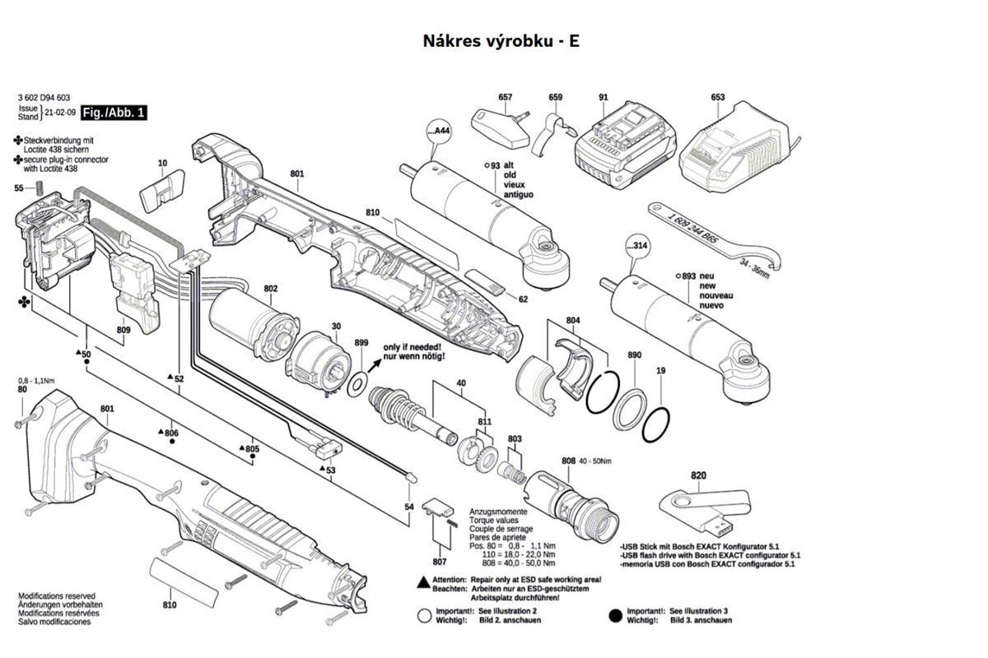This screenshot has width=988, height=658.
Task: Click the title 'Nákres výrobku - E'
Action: click(x=501, y=41)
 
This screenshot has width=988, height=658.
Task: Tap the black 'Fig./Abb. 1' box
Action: click(x=114, y=113)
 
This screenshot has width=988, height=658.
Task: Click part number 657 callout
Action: click(x=505, y=97)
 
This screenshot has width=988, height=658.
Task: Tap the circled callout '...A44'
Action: click(x=439, y=131)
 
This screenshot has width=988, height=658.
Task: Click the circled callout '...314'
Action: click(x=637, y=245)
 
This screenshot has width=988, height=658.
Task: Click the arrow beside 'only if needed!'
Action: click(x=375, y=365)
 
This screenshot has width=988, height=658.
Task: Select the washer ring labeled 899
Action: click(x=358, y=384)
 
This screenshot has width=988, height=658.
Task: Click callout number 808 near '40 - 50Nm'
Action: click(x=569, y=461)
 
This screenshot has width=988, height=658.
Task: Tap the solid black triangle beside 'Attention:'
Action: click(x=424, y=582)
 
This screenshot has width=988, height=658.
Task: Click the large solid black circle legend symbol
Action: click(x=615, y=616)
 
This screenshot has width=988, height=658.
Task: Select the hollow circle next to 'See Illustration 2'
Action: click(x=424, y=616)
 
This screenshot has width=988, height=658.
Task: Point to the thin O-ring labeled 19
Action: click(x=656, y=425)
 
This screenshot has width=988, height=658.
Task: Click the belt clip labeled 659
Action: click(x=553, y=134)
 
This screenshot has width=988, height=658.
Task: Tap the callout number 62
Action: click(x=523, y=299)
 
